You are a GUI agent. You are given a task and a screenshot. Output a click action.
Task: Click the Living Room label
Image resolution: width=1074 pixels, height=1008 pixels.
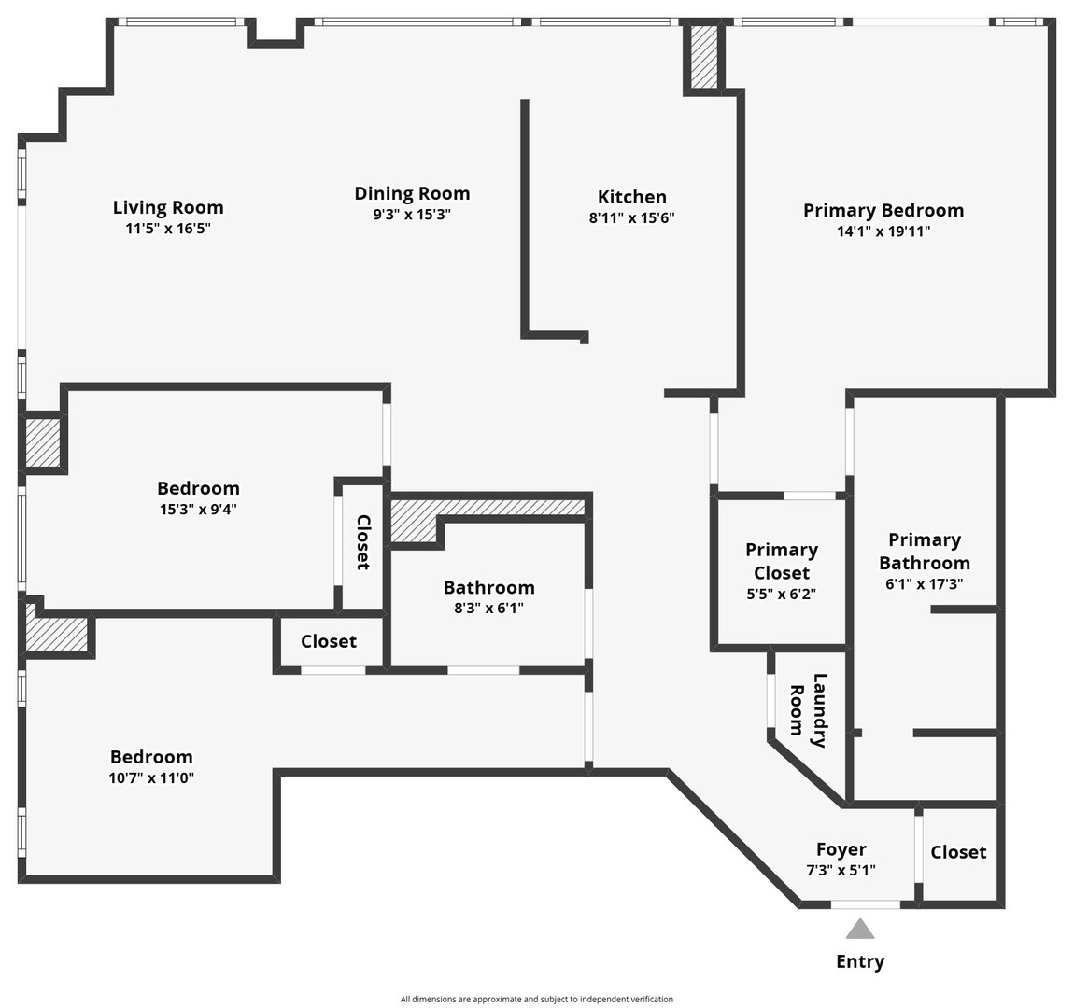click(168, 207)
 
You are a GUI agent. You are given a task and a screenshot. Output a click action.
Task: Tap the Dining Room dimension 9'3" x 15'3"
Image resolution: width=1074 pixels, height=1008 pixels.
click(412, 215)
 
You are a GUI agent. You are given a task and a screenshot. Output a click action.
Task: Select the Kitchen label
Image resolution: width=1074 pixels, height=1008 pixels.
click(632, 197)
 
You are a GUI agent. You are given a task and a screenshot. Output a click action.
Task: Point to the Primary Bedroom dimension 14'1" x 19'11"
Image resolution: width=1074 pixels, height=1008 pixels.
click(883, 231)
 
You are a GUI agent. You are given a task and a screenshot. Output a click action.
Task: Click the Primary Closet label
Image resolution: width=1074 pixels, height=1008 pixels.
click(782, 561)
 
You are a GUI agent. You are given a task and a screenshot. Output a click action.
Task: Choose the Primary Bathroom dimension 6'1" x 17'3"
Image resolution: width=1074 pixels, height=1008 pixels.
click(924, 584)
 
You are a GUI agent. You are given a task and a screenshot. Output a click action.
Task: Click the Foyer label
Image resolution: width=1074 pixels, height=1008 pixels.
click(841, 849)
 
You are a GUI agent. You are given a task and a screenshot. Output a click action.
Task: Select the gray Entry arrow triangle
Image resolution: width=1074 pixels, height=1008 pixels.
click(860, 929)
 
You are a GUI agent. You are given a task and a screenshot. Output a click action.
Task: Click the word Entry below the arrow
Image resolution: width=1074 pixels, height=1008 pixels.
click(860, 961)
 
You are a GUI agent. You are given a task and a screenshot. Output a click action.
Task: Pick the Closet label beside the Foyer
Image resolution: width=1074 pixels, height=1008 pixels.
click(958, 852)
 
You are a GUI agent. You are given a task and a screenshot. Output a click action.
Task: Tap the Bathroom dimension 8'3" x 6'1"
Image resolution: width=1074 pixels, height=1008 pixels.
click(488, 609)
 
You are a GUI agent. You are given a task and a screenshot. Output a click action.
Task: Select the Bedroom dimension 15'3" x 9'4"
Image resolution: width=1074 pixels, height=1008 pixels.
click(198, 510)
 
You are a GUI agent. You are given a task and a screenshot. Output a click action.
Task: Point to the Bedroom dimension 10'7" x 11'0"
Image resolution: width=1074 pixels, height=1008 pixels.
click(151, 777)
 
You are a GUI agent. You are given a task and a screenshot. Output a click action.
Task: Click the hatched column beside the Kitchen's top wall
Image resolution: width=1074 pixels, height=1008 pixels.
click(704, 57)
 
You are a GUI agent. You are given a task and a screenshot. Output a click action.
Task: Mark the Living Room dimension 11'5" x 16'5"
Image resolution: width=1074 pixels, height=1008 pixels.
click(168, 229)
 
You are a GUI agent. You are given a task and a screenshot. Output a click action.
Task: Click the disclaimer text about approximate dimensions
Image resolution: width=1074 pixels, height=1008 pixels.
click(537, 999)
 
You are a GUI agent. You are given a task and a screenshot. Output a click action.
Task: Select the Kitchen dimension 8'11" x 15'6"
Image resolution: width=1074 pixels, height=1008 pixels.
click(632, 218)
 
